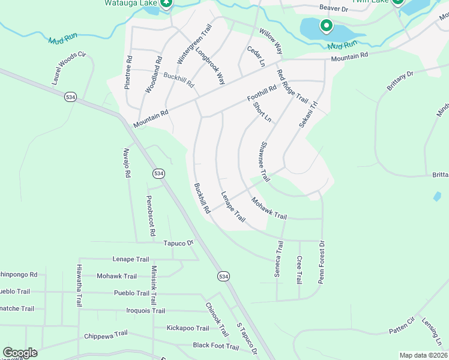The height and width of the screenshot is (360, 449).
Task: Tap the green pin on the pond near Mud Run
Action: [x=326, y=26]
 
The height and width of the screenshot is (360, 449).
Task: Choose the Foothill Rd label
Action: [x=262, y=93]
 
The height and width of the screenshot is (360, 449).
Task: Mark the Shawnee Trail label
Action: [x=263, y=162]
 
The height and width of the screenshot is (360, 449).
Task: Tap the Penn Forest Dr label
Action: [x=321, y=262]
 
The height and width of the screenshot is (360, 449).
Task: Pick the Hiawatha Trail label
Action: [x=79, y=286]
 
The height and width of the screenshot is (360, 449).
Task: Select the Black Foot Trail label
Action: [x=216, y=346]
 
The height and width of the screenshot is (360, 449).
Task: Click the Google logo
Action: [x=20, y=353]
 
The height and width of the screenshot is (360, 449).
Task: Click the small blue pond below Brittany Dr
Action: [x=437, y=196]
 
